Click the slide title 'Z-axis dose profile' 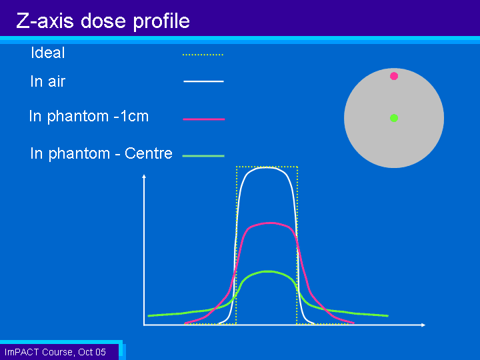pos(103,21)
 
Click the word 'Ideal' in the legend pos(48,53)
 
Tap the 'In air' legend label pos(48,81)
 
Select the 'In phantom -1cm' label pos(89,116)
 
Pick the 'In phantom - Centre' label pos(101,153)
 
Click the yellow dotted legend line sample pos(203,55)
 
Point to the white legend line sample pos(203,81)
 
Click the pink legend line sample pos(203,119)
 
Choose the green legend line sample pos(203,156)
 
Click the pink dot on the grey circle pos(394,76)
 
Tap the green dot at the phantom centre pos(394,118)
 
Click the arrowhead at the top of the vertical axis pos(144,176)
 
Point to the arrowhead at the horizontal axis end pos(423,325)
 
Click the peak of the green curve pos(268,271)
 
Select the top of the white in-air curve pos(266,167)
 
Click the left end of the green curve pos(149,315)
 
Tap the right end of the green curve pos(387,315)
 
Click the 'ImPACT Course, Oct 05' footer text pos(55,352)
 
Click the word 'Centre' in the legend pos(149,153)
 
